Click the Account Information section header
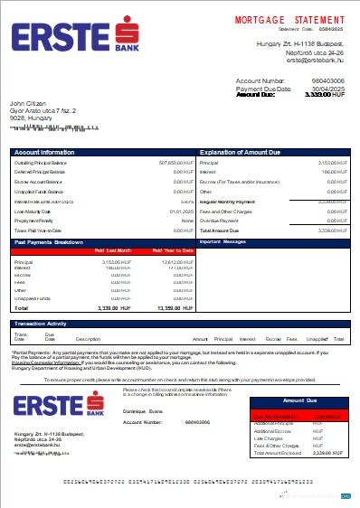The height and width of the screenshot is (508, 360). (45, 152)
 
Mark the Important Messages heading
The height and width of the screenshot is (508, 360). (223, 242)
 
